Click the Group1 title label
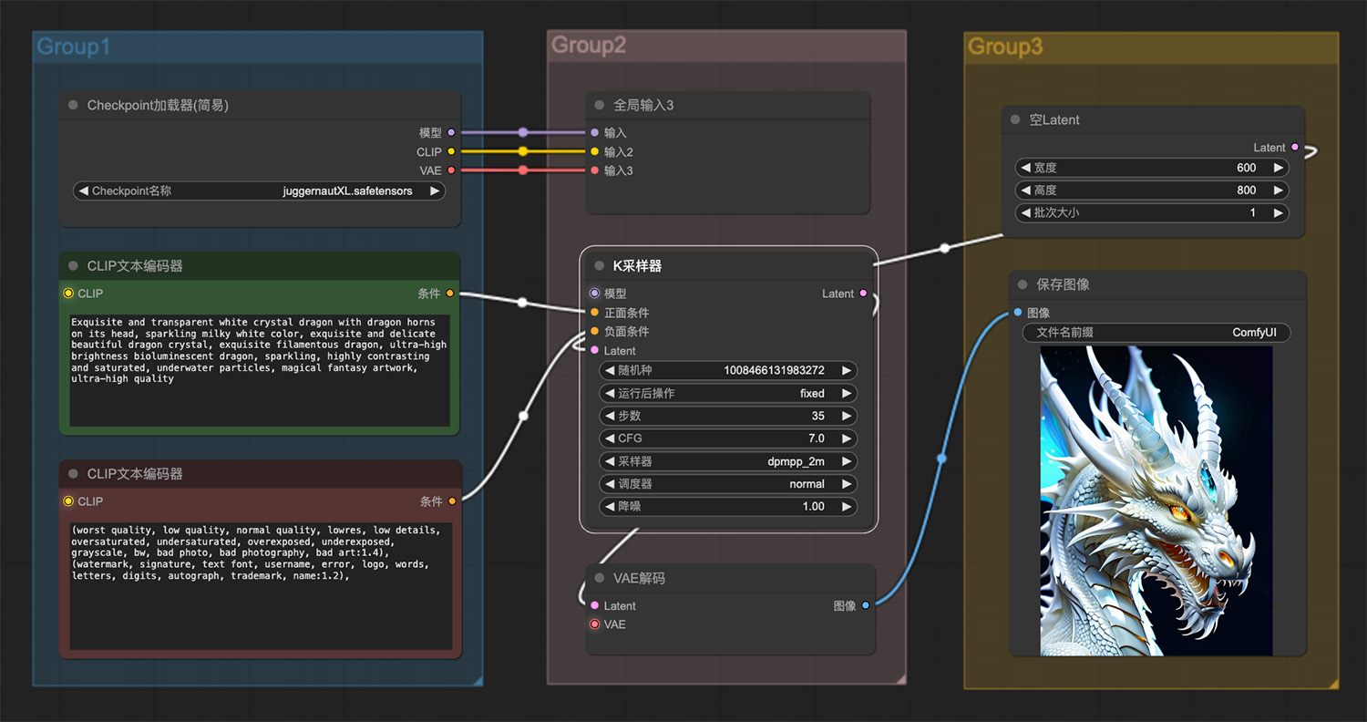tap(73, 46)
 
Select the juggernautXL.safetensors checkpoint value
tap(347, 191)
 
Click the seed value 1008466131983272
tap(774, 370)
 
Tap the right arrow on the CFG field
tap(847, 438)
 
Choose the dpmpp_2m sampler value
tap(796, 461)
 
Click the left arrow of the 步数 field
tap(609, 416)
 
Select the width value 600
tap(1246, 168)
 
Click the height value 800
tap(1246, 191)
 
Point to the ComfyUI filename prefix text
tap(1254, 333)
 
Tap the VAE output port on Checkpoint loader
tap(452, 170)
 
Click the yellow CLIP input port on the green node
tap(68, 294)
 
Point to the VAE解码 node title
tap(639, 578)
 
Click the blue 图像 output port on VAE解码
tap(866, 605)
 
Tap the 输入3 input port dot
tap(595, 170)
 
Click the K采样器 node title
tap(637, 266)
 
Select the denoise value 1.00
tap(814, 507)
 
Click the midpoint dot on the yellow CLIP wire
tap(523, 151)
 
